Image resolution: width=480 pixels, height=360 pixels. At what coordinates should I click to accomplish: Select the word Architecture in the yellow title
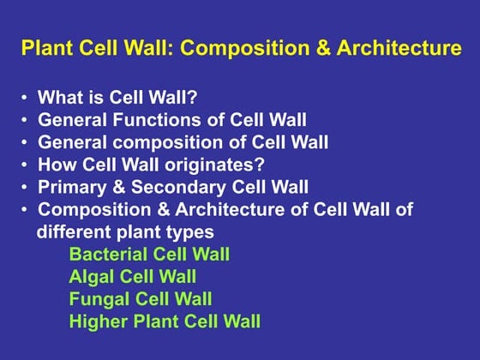pos(403,49)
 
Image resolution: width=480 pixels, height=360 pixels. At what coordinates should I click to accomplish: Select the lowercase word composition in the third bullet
pos(154,142)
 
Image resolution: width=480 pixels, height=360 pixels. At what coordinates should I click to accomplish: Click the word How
pos(55,165)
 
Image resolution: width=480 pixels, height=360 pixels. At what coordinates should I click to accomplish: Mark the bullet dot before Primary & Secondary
pos(25,188)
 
